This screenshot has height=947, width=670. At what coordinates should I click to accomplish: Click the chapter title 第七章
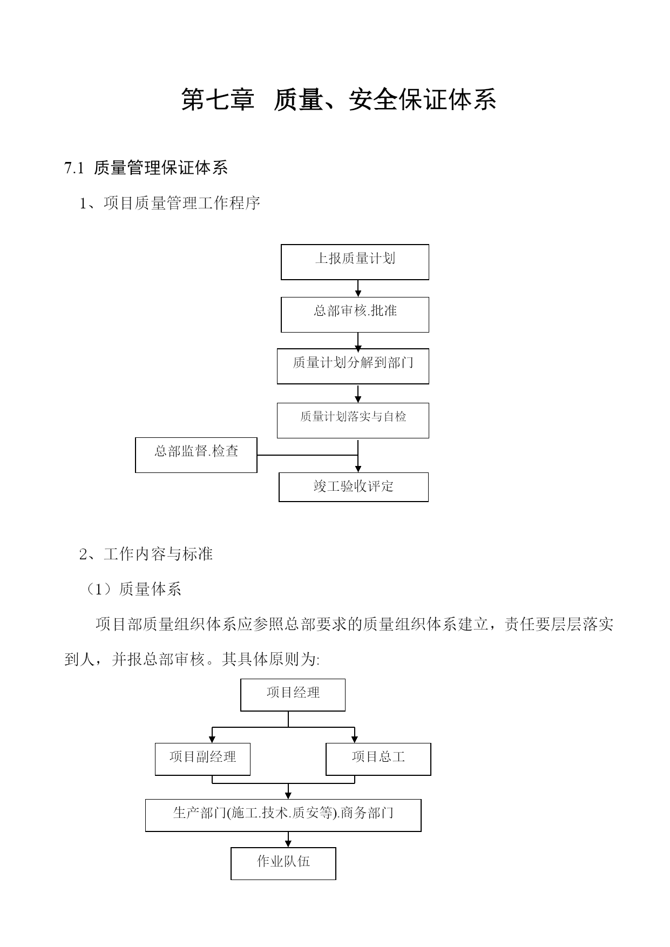[218, 99]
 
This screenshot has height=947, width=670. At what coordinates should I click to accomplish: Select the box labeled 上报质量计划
[355, 262]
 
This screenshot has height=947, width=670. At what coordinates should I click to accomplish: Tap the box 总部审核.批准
[355, 314]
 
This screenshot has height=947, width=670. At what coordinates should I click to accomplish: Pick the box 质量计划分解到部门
[353, 366]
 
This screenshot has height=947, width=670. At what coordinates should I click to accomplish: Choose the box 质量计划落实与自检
[353, 420]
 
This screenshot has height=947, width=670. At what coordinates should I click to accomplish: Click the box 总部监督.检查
[196, 455]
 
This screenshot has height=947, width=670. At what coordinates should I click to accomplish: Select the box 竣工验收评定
[354, 487]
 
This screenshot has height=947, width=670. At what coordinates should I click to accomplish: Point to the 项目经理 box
[293, 695]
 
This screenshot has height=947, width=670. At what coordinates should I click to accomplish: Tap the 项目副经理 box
[202, 759]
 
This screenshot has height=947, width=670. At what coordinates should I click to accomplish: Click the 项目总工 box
[378, 759]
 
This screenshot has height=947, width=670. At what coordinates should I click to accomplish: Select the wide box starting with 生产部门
[283, 815]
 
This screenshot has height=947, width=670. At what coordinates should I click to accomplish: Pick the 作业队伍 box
[283, 863]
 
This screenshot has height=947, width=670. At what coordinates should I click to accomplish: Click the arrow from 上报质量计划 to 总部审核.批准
[358, 288]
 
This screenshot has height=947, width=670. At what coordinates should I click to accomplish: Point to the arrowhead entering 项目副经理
[212, 739]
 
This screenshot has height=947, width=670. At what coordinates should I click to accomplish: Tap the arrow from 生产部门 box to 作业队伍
[288, 840]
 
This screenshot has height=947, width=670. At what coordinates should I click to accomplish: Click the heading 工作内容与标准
[158, 554]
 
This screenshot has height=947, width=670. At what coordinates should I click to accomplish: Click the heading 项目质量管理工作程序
[182, 203]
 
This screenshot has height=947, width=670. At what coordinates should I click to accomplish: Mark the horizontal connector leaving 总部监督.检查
[307, 455]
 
